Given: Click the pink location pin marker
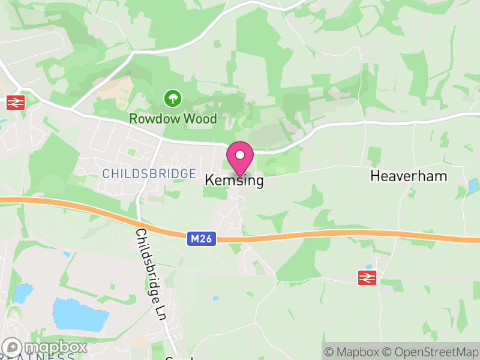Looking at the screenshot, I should click(240, 159).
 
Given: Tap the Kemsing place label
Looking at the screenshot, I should click(234, 179).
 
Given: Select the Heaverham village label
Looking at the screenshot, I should click(409, 176).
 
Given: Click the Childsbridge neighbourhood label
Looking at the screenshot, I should click(149, 173).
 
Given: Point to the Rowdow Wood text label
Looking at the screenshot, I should click(173, 119).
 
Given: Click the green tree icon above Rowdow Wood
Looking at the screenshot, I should click(173, 97).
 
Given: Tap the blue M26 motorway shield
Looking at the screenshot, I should click(202, 239).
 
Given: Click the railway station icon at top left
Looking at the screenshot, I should click(15, 103).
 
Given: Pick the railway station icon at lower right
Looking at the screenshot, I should click(367, 277).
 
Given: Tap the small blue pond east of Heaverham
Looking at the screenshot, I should click(472, 186).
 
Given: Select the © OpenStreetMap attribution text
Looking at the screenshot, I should click(430, 352).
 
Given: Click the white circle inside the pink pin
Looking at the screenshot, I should click(240, 155).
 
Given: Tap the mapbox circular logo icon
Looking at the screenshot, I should click(13, 347).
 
